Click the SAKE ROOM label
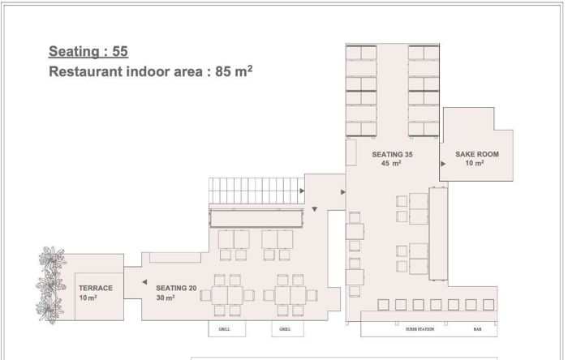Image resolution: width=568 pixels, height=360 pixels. (x=477, y=154)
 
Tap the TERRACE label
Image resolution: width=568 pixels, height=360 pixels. (x=96, y=288)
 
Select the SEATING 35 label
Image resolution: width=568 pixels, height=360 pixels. (x=392, y=155)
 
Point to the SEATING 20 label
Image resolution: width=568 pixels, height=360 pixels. (x=176, y=288)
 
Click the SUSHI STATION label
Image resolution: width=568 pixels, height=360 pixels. (x=420, y=329)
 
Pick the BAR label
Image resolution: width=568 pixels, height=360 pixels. (x=477, y=329)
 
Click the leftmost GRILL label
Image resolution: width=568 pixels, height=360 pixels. (x=224, y=329)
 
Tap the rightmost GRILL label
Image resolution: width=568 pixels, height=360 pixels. (x=285, y=329)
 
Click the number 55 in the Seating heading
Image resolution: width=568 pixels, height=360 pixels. (x=120, y=51)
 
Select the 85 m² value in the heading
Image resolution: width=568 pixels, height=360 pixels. (x=234, y=71)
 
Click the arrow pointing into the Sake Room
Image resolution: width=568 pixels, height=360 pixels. (x=443, y=164)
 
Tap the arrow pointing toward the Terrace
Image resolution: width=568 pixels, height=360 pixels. (x=144, y=282)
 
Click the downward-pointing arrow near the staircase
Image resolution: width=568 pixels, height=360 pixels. (x=315, y=209)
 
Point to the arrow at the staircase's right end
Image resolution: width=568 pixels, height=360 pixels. (x=302, y=191)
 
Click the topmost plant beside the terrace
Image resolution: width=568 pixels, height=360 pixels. (x=53, y=258)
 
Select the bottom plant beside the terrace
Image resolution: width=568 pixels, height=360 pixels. (x=49, y=311)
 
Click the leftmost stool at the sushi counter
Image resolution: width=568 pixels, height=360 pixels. (x=383, y=305)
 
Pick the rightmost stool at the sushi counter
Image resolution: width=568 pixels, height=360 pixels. (x=488, y=305)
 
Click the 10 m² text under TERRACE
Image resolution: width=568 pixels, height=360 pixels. (x=88, y=298)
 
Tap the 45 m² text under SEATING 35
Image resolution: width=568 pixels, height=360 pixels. (x=391, y=163)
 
